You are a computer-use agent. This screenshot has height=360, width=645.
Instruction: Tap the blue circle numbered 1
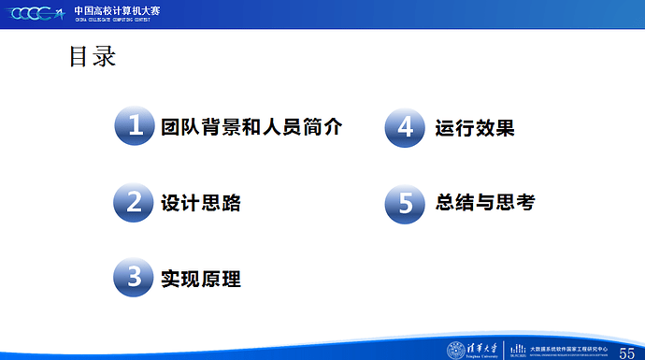(x=136, y=127)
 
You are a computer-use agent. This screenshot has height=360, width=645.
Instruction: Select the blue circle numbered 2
(x=136, y=202)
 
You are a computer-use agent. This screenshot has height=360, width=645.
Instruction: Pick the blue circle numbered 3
(x=136, y=278)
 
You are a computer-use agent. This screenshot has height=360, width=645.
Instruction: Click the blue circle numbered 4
(x=406, y=127)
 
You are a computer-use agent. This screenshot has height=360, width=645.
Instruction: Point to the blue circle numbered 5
(x=406, y=202)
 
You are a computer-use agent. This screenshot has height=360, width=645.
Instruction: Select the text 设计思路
(x=200, y=202)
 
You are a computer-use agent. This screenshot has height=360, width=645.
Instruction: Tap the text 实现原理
(x=200, y=278)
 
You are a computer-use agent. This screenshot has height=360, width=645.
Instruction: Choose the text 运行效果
(x=474, y=127)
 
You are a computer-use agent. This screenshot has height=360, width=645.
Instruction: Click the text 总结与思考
(x=484, y=202)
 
